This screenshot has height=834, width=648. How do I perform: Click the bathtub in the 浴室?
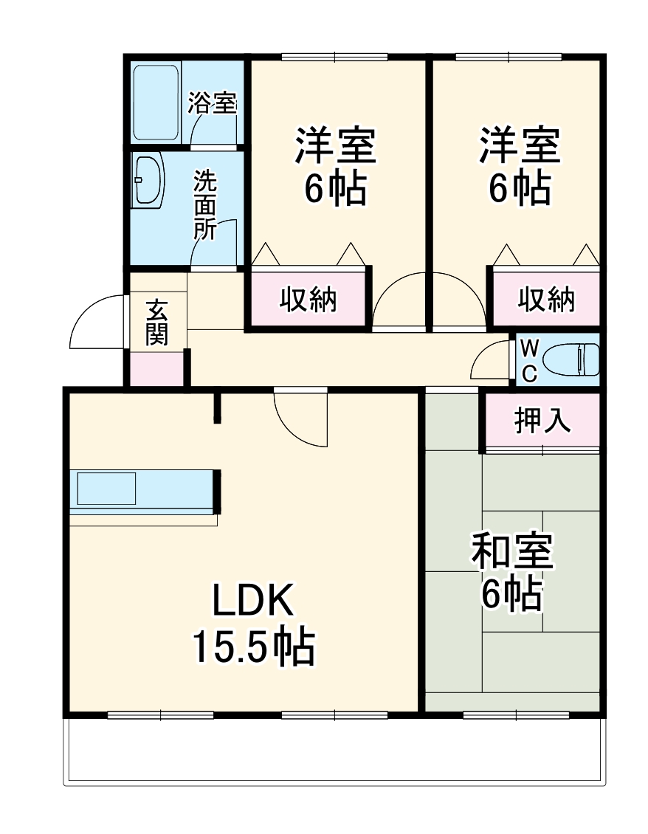156,103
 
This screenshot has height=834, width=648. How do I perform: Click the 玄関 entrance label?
156,323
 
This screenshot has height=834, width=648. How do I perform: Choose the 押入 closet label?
542,421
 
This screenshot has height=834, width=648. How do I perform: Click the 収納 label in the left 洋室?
309,299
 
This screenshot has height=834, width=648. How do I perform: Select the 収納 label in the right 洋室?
546,299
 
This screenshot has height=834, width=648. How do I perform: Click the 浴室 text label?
213,103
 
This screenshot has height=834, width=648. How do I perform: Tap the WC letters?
529,360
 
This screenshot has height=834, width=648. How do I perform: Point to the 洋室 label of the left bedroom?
336,145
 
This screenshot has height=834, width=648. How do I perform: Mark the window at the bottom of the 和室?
516,714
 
